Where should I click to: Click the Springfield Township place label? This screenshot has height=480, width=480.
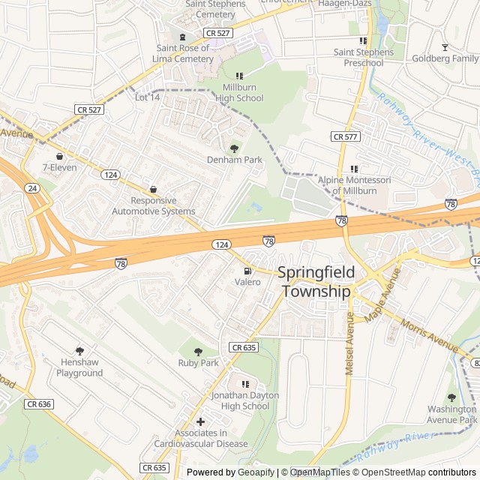(x=314, y=283)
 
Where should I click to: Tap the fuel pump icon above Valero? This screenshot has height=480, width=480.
(x=247, y=271)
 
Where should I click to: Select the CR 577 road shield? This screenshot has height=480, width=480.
(x=346, y=136)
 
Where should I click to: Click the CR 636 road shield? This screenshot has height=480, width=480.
(x=39, y=403)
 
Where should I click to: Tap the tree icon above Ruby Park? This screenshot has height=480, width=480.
(x=198, y=351)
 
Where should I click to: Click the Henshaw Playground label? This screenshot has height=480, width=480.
(x=79, y=367)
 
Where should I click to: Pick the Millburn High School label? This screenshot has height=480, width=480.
(x=239, y=93)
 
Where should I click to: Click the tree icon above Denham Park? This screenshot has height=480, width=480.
(x=234, y=148)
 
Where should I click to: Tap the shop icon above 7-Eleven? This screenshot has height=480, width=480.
(x=59, y=156)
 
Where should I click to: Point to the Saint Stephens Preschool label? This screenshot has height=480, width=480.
(x=364, y=58)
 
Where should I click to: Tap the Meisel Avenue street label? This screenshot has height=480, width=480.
(x=349, y=344)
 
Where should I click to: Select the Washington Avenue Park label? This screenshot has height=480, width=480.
(x=451, y=415)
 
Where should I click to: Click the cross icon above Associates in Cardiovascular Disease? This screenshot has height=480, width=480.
(x=200, y=421)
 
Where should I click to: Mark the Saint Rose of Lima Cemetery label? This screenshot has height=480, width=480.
(x=182, y=54)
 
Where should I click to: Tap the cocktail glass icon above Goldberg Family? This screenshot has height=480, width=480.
(x=444, y=46)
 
